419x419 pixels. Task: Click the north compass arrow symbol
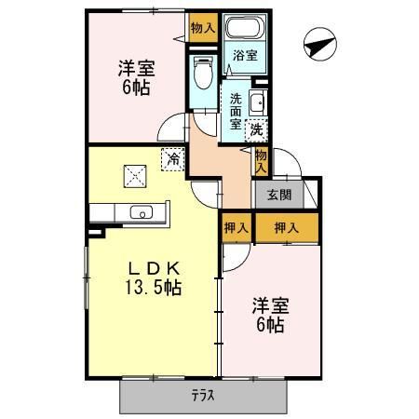click(x=319, y=44)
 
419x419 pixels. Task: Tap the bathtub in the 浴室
click(x=245, y=27)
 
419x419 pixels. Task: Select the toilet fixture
click(x=203, y=72)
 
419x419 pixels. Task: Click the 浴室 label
click(x=245, y=56)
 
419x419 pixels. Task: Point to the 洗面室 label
click(x=236, y=112)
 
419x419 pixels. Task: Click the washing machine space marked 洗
click(x=256, y=130)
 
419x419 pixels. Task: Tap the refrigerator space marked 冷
click(x=173, y=160)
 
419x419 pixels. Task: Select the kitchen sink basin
click(x=142, y=212)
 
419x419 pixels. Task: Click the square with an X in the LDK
click(x=135, y=176)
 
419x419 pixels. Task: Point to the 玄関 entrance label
click(x=279, y=195)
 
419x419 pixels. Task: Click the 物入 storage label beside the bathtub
click(x=203, y=28)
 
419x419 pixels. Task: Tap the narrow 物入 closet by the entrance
click(x=261, y=162)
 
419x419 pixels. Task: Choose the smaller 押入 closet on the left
click(x=237, y=228)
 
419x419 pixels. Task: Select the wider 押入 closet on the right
click(x=287, y=228)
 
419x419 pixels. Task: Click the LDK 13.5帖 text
click(x=154, y=278)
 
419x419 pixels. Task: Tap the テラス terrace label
click(x=203, y=397)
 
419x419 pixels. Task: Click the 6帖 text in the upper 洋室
click(x=136, y=88)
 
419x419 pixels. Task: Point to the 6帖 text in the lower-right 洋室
click(x=270, y=325)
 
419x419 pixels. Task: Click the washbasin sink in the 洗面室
click(x=258, y=102)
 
